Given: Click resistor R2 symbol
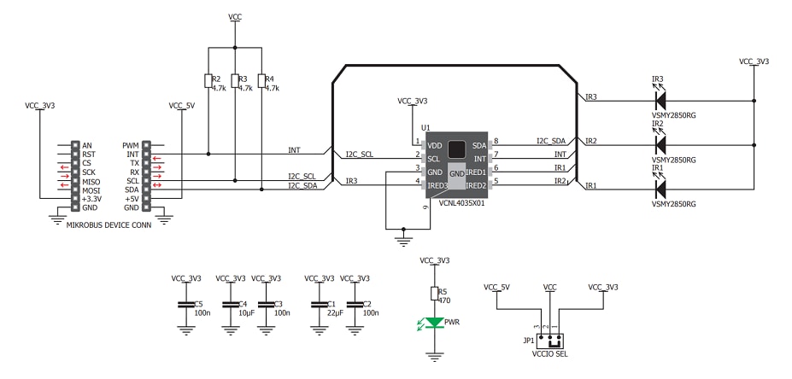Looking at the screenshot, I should click(x=208, y=81).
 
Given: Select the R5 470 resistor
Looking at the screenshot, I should click(x=434, y=293).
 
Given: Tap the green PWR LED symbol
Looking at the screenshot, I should click(x=434, y=323).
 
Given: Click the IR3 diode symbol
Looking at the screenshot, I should click(x=660, y=100).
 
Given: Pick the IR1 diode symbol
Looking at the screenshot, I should click(x=660, y=184).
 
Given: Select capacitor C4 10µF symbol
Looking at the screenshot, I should click(x=228, y=304).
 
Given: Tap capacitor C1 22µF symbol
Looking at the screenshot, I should click(x=320, y=304).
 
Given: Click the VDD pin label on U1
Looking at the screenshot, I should click(x=434, y=145).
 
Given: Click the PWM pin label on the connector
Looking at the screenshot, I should click(x=131, y=146).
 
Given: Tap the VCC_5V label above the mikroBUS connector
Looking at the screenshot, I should click(x=182, y=106).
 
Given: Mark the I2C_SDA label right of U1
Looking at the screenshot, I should click(x=551, y=141).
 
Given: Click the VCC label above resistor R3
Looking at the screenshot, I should click(x=235, y=16).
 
